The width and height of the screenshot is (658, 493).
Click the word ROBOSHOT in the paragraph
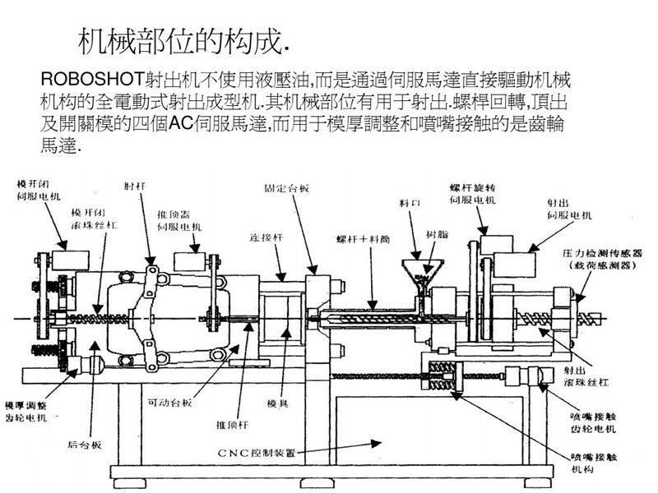point(91,81)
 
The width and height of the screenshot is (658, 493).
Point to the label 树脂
point(437,234)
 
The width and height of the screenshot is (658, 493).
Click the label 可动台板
point(169,403)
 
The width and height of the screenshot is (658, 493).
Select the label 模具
point(276,403)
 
